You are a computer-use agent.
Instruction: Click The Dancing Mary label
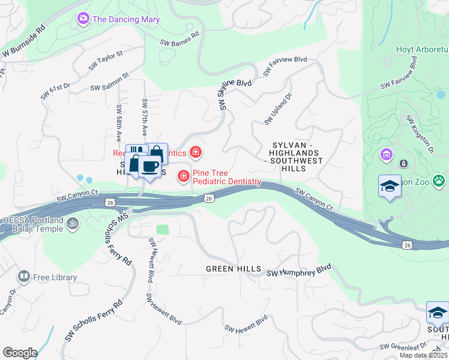click(x=126, y=19)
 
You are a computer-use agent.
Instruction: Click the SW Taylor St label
click(x=106, y=61)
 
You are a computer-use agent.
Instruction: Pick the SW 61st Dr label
click(x=56, y=91)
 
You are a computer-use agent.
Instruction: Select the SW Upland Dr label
click(x=277, y=109)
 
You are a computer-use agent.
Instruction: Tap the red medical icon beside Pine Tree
click(x=182, y=176)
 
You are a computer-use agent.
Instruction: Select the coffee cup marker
click(x=149, y=167)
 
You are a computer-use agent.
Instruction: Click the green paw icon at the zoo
click(x=439, y=179)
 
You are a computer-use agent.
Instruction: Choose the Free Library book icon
click(x=24, y=277)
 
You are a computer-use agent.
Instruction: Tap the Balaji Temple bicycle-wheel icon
click(x=73, y=223)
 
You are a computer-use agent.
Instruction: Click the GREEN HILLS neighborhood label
click(x=234, y=269)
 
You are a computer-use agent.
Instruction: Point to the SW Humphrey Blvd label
click(x=298, y=272)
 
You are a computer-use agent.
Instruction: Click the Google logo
click(x=20, y=352)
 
